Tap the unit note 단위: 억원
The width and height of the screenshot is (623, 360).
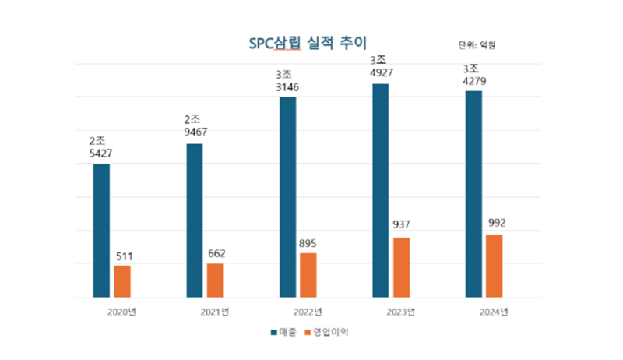click(477, 44)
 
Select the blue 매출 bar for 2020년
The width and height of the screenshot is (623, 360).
click(101, 231)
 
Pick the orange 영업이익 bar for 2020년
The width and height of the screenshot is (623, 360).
click(122, 281)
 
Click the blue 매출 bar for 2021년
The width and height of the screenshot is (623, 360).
click(194, 221)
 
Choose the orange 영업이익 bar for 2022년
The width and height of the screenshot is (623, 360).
click(308, 275)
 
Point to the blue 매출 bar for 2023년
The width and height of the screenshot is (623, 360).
click(380, 190)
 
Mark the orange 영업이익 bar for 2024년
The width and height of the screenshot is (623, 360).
click(494, 266)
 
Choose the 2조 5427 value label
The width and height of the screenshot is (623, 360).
click(101, 147)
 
